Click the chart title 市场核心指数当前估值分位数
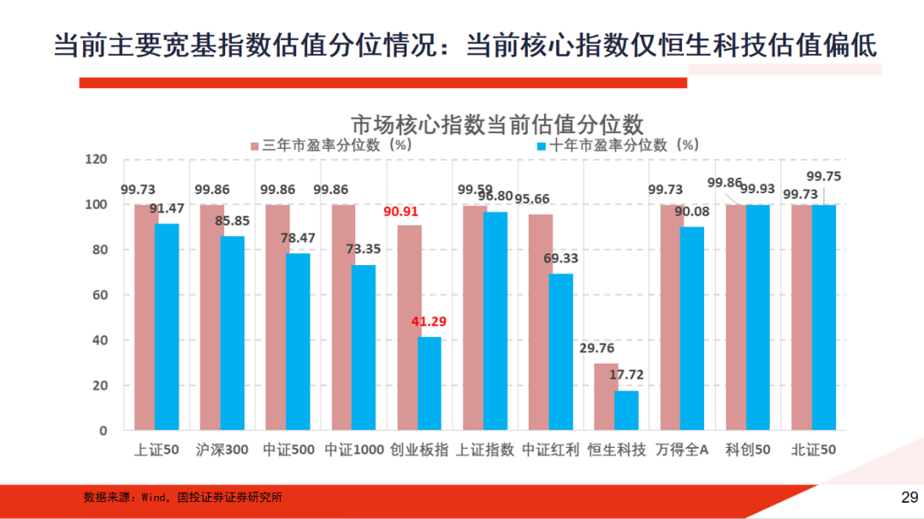click(x=496, y=124)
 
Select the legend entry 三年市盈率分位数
click(x=332, y=145)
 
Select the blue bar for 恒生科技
click(x=626, y=410)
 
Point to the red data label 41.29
click(x=429, y=322)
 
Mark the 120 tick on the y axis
click(x=97, y=160)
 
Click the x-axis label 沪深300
click(x=222, y=450)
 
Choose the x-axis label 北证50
click(x=813, y=450)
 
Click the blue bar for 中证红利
click(x=560, y=351)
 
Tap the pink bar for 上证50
click(x=146, y=317)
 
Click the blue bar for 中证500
click(x=298, y=341)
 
